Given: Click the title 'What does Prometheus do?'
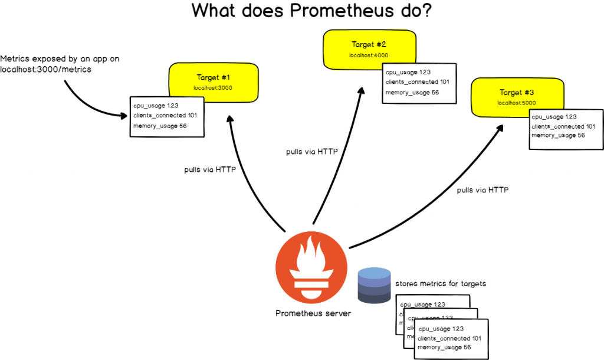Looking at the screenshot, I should point(311,11).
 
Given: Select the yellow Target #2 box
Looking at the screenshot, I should point(368,48).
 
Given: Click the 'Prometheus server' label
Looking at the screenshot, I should point(313,313).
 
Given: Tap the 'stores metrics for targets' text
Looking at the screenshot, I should point(441,284).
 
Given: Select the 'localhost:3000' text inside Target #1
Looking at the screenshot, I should point(213,87).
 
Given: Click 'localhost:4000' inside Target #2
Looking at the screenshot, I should point(368,55).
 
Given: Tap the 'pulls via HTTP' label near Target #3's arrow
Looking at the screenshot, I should point(482,190).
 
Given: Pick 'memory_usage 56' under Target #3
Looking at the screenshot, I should point(558,136).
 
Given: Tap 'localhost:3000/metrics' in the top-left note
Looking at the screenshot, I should point(45,70).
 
